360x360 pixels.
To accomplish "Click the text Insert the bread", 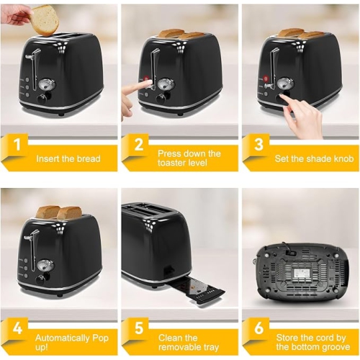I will coord(68,158).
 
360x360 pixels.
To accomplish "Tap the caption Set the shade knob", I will coord(314,158).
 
